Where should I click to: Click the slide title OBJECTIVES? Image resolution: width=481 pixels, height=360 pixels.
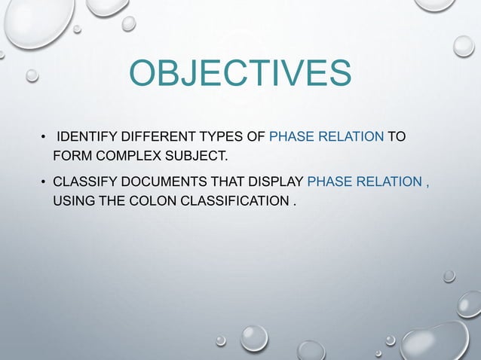(240, 73)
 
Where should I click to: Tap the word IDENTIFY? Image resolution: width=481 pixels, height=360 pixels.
(87, 138)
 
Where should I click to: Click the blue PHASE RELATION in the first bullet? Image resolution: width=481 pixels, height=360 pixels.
(326, 138)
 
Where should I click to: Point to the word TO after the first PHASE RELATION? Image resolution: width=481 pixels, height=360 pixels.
(397, 138)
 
